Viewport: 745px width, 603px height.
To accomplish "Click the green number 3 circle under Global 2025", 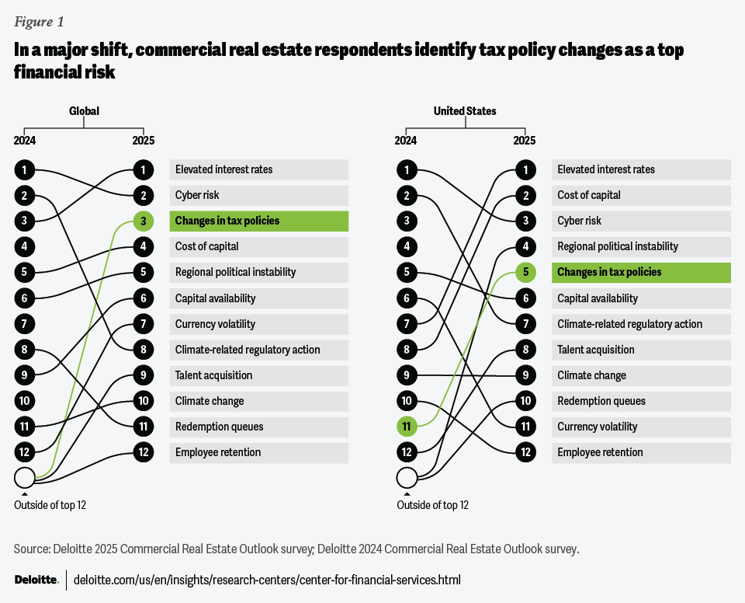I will [143, 221].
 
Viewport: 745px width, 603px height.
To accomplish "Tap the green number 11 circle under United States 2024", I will [406, 427].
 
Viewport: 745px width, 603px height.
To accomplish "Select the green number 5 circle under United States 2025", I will [525, 273].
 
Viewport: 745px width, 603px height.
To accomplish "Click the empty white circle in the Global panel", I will [25, 477].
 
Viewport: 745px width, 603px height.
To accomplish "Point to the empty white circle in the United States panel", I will [407, 477].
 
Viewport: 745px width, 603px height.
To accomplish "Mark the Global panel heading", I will [84, 111].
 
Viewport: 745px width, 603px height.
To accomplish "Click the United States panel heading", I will [465, 111].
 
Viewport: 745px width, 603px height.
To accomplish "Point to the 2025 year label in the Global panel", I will [143, 141].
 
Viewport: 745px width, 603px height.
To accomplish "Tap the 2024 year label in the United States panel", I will [406, 141].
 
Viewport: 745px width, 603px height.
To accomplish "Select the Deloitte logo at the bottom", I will [36, 580].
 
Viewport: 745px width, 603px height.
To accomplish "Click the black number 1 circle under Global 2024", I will [25, 169].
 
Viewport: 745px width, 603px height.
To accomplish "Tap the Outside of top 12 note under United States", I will [432, 505].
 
